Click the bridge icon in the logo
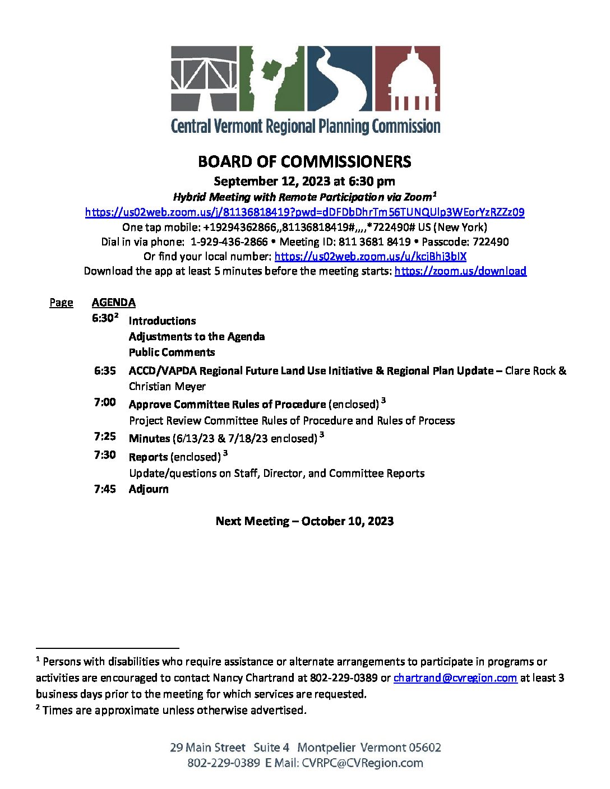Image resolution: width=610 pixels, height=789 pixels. pos(204,78)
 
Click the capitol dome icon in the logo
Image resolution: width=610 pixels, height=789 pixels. pos(407,78)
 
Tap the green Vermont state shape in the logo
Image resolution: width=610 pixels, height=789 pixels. pos(272,78)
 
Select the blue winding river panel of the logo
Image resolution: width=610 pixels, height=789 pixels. pos(339,78)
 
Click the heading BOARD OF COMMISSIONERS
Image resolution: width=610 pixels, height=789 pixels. pos(304,162)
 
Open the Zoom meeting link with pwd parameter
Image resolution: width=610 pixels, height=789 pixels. pos(304,212)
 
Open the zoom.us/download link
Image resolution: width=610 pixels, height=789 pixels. pos(460,271)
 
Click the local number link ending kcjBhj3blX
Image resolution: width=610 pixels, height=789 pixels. pos(370,257)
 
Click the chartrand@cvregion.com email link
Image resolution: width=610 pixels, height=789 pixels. pos(455,678)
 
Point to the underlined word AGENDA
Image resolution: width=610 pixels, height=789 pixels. pos(114,303)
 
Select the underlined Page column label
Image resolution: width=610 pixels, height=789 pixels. pos(61,303)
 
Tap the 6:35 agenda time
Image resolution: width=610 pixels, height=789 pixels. pos(105,371)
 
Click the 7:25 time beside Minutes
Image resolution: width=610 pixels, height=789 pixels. pos(105,437)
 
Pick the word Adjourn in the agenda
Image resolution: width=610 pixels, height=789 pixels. pos(149,489)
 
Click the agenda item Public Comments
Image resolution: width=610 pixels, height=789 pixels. pos(172,352)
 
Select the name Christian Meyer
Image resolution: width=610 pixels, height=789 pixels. pos(167,387)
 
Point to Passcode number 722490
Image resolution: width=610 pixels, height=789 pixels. pos(491,242)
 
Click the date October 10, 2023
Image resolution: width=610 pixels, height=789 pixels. pos(347,521)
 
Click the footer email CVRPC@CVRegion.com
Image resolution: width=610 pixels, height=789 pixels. pos(362,763)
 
